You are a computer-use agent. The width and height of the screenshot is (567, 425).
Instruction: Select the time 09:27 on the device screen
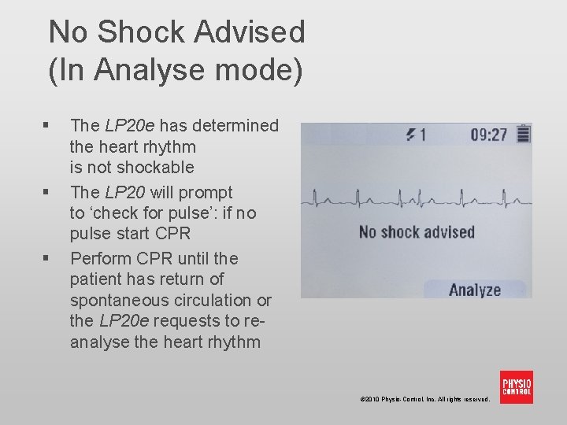[x=489, y=135]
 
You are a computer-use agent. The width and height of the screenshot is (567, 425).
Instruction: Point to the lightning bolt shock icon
[x=410, y=135]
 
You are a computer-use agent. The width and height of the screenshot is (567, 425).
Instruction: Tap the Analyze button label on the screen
[x=475, y=290]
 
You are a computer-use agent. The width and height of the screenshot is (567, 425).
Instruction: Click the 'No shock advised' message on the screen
[x=417, y=231]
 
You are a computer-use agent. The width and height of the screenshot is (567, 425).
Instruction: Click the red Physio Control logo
[x=517, y=386]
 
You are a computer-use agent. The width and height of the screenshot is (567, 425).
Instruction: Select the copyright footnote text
[x=424, y=399]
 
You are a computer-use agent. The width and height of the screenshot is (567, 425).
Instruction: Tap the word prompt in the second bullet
[x=207, y=192]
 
